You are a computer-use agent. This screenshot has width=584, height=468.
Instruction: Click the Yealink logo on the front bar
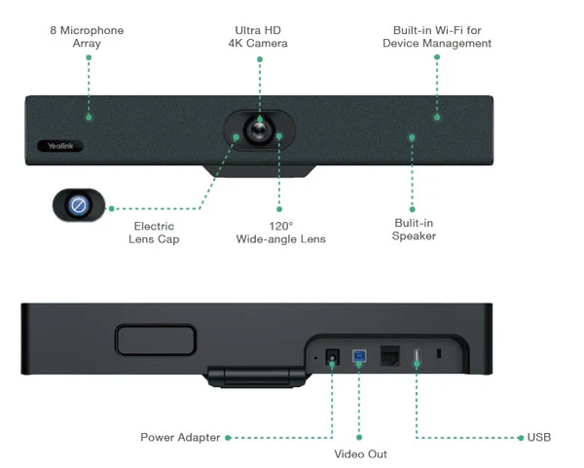pyautogui.click(x=60, y=146)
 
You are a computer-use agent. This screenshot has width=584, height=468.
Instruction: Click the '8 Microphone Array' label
pyautogui.click(x=87, y=37)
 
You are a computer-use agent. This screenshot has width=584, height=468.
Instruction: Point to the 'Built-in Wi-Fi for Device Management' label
pyautogui.click(x=436, y=37)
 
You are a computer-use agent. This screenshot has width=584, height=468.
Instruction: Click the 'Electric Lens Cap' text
pyautogui.click(x=154, y=233)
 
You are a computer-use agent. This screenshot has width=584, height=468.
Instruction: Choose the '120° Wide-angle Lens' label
pyautogui.click(x=280, y=233)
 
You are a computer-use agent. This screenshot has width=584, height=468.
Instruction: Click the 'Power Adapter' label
pyautogui.click(x=180, y=438)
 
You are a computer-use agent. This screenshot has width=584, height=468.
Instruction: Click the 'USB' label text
pyautogui.click(x=539, y=438)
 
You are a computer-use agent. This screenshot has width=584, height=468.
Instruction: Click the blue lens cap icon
pyautogui.click(x=80, y=205)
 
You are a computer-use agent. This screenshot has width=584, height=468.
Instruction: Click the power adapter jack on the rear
pyautogui.click(x=331, y=358)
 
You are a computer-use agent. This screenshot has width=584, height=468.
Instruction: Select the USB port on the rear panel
pyautogui.click(x=417, y=357)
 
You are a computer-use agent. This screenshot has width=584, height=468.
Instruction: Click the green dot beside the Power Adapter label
pyautogui.click(x=228, y=438)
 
